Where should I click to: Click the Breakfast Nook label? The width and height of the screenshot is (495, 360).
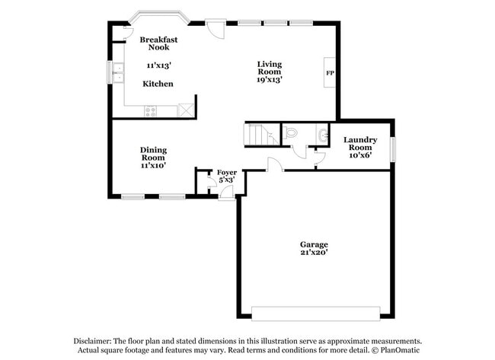point(158,43)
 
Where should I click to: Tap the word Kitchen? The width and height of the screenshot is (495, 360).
point(158,84)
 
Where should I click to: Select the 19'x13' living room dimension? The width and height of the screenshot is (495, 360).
point(270,79)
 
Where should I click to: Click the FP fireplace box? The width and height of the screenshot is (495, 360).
point(330,73)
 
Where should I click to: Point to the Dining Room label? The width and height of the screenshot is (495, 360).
point(153,154)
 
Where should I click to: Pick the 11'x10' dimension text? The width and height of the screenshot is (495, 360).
point(153,165)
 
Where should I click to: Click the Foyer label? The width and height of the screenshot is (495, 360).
point(226,173)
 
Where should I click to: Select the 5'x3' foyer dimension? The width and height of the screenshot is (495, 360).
point(226,180)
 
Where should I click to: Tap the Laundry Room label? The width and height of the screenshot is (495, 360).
point(360,143)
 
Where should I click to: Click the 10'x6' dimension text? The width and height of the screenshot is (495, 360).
point(360,155)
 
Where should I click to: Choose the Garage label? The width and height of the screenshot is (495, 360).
point(313,244)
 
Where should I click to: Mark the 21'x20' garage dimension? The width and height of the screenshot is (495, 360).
point(313,253)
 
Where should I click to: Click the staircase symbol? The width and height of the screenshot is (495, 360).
point(260,134)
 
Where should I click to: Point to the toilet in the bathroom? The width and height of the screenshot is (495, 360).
point(292,133)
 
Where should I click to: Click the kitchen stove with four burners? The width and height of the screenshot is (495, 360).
point(151,111)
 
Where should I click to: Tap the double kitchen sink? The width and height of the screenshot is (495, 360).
point(118,73)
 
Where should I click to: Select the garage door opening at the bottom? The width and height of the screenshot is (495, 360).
point(315,313)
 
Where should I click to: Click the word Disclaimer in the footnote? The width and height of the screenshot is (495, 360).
point(93,342)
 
